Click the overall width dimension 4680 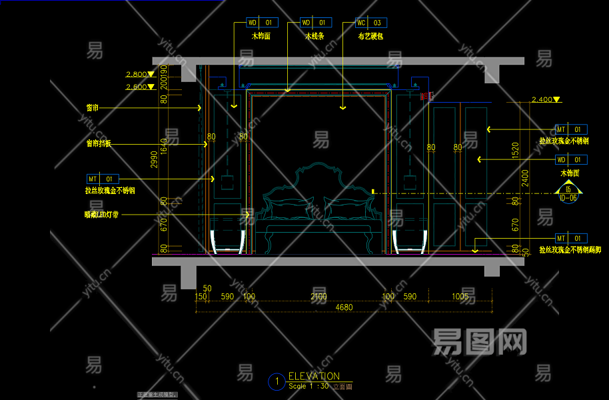(344, 307)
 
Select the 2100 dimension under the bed (318, 297)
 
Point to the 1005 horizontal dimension (460, 297)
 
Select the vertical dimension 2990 (154, 159)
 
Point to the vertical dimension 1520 (514, 149)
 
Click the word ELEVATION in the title (314, 376)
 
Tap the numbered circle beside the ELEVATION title (275, 381)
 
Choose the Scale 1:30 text (308, 386)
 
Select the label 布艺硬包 (370, 37)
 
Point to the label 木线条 (314, 37)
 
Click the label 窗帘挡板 (99, 143)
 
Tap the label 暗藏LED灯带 (101, 215)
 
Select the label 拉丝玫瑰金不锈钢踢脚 (570, 250)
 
